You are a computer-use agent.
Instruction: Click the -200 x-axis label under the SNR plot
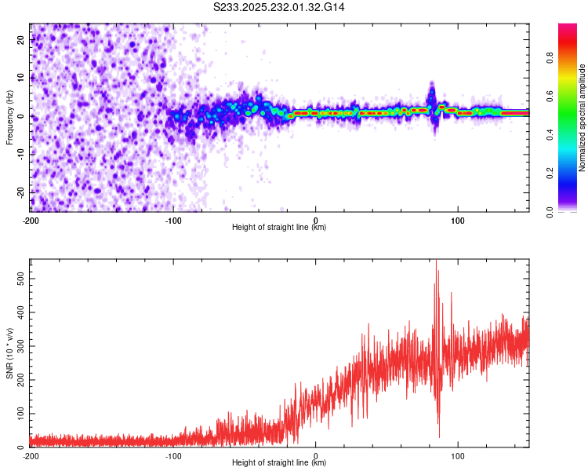tap(31, 455)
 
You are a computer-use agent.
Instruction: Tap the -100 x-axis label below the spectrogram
tap(173, 221)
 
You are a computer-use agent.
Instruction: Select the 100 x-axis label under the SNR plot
tap(459, 455)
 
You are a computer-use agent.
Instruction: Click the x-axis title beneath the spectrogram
tap(280, 228)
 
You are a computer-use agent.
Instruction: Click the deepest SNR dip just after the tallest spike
tap(439, 436)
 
